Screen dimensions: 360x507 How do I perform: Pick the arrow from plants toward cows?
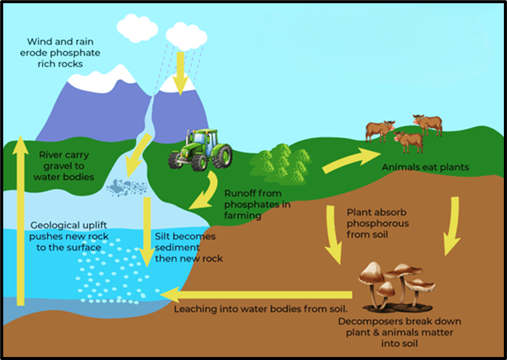tap(345, 162)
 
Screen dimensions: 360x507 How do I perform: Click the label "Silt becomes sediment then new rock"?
tap(189, 248)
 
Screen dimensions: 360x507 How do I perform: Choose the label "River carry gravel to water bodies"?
tap(63, 166)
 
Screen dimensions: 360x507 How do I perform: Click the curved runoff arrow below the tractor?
tap(206, 193)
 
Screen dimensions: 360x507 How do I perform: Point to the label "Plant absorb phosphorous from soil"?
tap(377, 223)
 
